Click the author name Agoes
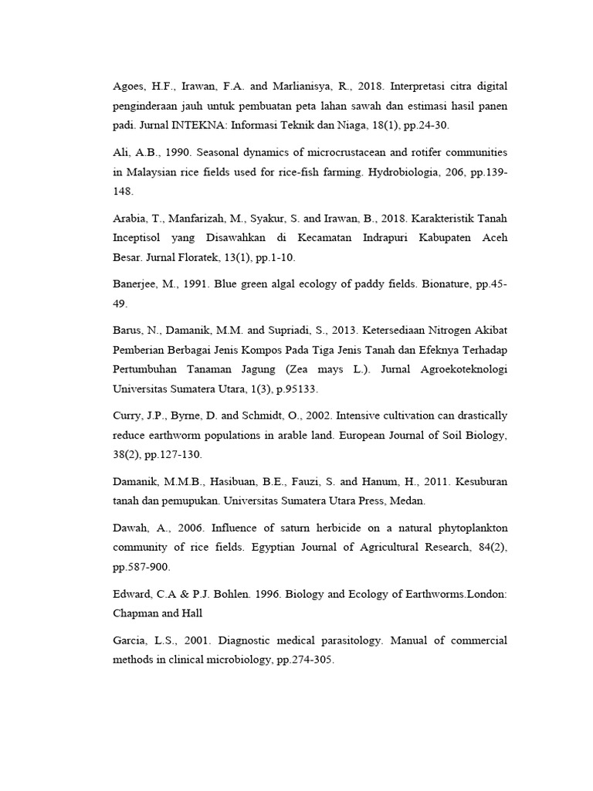[x=129, y=85]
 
